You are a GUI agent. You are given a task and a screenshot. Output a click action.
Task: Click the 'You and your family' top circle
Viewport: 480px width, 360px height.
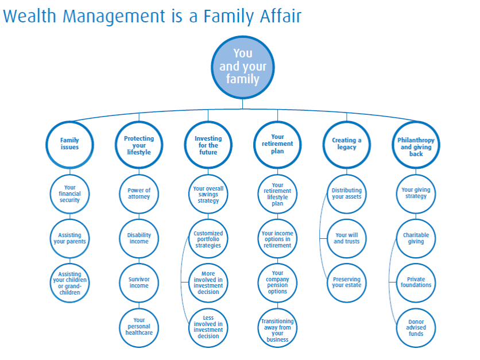(x=242, y=67)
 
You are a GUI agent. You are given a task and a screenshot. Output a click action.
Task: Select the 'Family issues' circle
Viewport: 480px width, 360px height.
(x=69, y=144)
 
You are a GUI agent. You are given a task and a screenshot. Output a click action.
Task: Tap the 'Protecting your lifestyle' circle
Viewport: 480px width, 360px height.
(x=139, y=145)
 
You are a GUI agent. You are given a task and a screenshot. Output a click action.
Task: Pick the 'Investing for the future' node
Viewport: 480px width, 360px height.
(x=208, y=145)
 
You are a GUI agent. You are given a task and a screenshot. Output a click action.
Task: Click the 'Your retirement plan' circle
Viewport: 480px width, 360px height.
(x=277, y=144)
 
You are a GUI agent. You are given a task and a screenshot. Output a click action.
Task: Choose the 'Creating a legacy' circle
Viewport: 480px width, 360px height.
(x=347, y=144)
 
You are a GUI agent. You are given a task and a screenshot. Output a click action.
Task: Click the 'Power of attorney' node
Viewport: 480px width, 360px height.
(x=139, y=193)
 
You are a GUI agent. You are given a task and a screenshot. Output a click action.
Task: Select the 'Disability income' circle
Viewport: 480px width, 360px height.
(x=139, y=238)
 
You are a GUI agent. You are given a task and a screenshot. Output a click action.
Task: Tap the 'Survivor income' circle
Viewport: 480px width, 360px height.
(x=139, y=282)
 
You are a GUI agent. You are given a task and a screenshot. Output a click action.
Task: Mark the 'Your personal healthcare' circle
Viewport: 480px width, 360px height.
(x=139, y=327)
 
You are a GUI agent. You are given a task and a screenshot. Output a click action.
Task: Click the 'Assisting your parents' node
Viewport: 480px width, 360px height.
(x=69, y=238)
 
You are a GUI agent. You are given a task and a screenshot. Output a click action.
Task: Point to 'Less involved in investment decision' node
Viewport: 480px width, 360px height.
(x=208, y=327)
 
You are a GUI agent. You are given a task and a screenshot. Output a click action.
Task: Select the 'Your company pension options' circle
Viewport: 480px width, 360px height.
(x=277, y=282)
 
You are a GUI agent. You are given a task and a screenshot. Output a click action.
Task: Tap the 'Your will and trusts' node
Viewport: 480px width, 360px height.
(x=347, y=238)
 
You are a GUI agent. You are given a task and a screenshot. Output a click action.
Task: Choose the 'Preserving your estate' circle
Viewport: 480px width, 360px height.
(x=347, y=282)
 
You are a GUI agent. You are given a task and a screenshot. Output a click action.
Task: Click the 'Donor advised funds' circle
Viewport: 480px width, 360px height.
(x=416, y=327)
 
